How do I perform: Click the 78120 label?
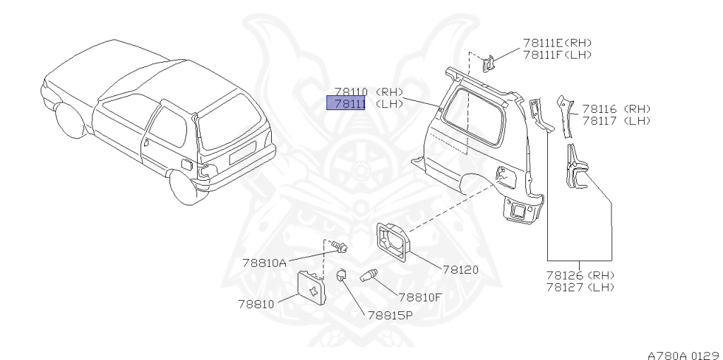click(460, 269)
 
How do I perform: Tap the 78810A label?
click(264, 263)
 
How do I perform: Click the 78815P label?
click(389, 315)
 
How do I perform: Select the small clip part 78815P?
click(340, 275)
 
